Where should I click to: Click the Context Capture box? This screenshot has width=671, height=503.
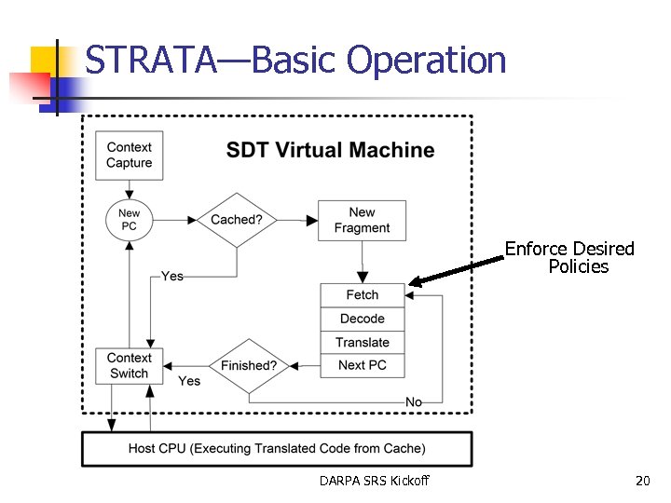coord(129,155)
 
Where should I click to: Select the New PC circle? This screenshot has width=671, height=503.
coord(129,221)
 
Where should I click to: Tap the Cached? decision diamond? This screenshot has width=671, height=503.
coord(237,221)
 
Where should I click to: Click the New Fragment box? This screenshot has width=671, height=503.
coord(362,221)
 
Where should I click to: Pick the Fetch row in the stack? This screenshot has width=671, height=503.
coord(362,295)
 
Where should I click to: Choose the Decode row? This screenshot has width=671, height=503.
coord(362,319)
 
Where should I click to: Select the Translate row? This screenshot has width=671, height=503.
coord(362,342)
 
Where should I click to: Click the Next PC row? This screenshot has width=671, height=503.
coord(362,365)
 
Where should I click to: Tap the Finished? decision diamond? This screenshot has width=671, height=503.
coord(248,366)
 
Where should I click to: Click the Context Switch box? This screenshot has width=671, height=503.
coord(129,366)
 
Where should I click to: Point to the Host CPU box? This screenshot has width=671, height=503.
coord(277,449)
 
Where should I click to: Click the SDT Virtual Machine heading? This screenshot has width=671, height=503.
coord(330,150)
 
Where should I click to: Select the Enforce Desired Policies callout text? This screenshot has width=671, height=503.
coord(570,258)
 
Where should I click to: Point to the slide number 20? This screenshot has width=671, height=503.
coord(642,481)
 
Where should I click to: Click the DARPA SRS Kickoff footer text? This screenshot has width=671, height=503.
coord(374,481)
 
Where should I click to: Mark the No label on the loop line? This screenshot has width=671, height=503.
coord(414,401)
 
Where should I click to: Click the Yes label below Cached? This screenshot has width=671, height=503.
coord(171,276)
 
